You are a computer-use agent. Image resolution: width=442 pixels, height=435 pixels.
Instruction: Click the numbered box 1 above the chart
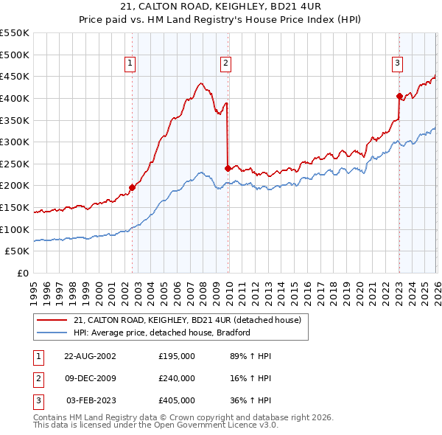coord(130,64)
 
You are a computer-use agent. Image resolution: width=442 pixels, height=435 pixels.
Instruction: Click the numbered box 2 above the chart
coord(225,64)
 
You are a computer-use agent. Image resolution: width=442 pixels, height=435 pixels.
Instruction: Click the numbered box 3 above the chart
coord(397,64)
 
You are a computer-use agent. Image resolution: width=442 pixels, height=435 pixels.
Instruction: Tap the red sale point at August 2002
coord(133,187)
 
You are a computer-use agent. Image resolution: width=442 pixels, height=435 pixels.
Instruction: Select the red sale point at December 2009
coord(228,168)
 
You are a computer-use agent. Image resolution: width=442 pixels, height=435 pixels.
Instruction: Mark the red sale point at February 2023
coord(399,96)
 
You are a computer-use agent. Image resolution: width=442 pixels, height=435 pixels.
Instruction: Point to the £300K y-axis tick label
coord(15,142)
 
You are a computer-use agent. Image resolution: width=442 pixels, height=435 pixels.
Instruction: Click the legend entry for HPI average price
coord(163,333)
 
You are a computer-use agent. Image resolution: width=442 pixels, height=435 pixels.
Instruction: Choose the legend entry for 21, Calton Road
coord(187,320)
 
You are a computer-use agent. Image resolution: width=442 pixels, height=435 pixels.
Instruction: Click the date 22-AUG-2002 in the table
coord(90,355)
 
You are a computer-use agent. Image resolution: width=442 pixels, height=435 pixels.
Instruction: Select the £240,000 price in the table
coord(177,378)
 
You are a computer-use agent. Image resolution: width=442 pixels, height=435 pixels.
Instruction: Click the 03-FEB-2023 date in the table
coord(91,401)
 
